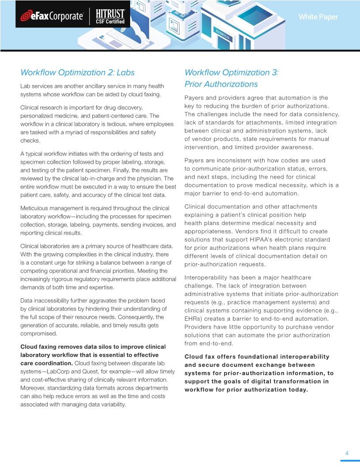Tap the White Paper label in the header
pyautogui.click(x=318, y=17)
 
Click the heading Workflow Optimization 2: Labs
pyautogui.click(x=78, y=72)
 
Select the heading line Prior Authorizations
pyautogui.click(x=221, y=84)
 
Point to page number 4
pyautogui.click(x=347, y=453)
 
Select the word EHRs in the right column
pyautogui.click(x=192, y=319)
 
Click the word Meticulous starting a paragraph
pyautogui.click(x=35, y=208)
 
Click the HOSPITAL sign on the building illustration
pyautogui.click(x=223, y=35)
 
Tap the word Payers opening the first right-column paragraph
pyautogui.click(x=194, y=98)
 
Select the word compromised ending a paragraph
pyautogui.click(x=38, y=334)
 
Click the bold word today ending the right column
pyautogui.click(x=297, y=390)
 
